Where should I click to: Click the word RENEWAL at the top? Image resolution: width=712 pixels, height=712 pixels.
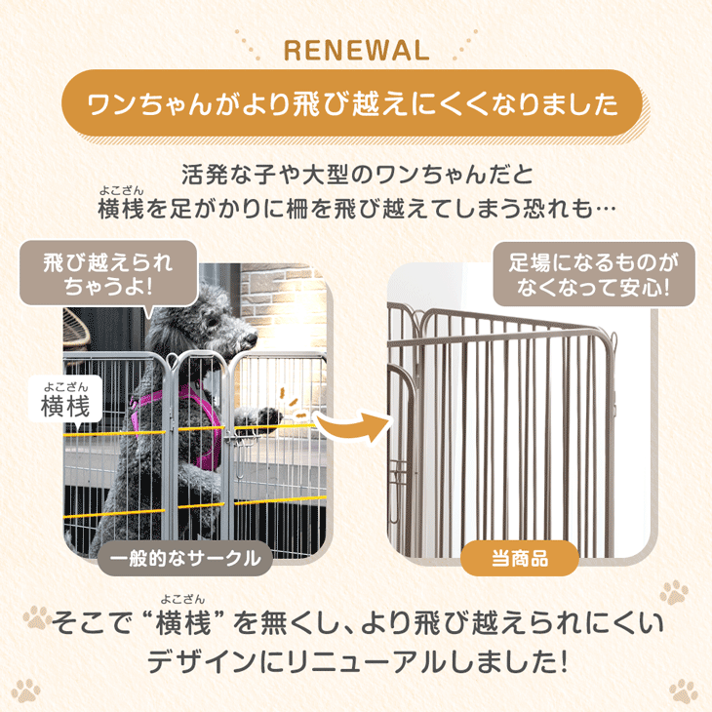(x=356, y=51)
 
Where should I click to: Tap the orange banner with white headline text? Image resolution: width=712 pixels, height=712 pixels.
(x=352, y=102)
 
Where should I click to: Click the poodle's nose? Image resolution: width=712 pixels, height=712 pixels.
(x=251, y=338)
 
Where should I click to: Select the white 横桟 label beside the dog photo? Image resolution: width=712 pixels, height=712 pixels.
(x=65, y=401)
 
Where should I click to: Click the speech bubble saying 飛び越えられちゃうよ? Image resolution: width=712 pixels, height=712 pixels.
(x=108, y=273)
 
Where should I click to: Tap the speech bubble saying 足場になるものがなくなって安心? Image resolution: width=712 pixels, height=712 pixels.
(x=594, y=274)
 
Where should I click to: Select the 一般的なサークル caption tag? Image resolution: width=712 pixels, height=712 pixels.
(x=184, y=558)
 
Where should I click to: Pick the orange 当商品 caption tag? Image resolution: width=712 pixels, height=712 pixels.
(x=520, y=558)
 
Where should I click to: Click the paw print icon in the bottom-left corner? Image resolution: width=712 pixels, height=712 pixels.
(x=26, y=691)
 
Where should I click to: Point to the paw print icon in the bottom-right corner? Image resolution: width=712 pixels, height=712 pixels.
(x=684, y=692)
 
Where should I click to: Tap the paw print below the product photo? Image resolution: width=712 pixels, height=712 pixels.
(x=674, y=593)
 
